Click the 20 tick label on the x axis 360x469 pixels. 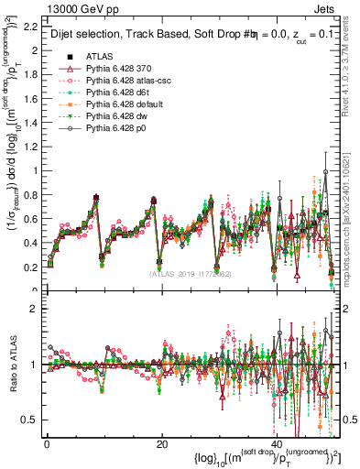click(x=161, y=444)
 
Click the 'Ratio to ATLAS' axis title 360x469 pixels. click(x=11, y=366)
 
